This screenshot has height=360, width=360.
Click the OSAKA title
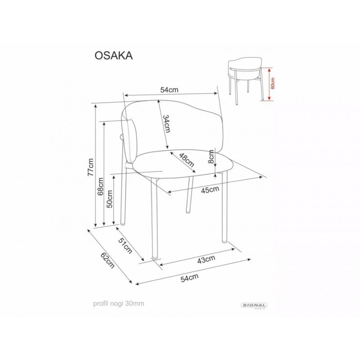(114, 55)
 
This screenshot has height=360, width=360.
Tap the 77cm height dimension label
(91, 167)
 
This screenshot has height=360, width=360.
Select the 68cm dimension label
(100, 187)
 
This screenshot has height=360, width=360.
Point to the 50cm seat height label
(110, 199)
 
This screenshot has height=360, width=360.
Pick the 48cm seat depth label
(186, 160)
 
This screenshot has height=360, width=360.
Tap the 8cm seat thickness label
(211, 156)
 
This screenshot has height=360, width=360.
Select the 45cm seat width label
(210, 189)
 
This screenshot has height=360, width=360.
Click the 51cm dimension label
(126, 246)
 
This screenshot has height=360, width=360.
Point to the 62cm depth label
(107, 261)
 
